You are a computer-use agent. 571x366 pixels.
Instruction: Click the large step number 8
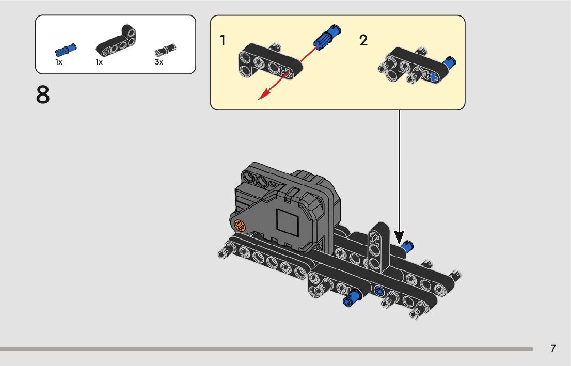pos(43,96)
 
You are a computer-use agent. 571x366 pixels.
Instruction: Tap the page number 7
pos(553,348)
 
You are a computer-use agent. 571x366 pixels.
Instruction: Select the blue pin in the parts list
pos(66,50)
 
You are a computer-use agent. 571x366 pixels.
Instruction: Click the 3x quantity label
pos(159,62)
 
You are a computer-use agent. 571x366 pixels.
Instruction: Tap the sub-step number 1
pos(223,40)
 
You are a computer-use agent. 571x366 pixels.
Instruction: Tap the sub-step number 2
pos(363,40)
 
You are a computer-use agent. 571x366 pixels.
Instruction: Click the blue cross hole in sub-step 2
pos(432,77)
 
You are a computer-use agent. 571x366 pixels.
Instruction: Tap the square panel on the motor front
pos(288,222)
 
